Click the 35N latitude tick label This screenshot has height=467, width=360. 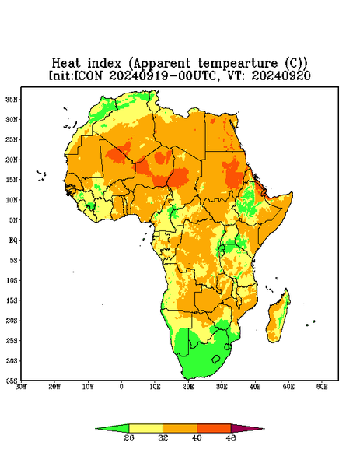[x=12, y=99]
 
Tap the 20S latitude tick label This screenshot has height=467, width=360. [x=12, y=321]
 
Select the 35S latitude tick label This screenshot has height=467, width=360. [x=12, y=381]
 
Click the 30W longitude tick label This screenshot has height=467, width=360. [x=21, y=387]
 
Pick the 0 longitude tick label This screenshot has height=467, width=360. [x=121, y=387]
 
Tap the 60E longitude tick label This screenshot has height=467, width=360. [x=322, y=387]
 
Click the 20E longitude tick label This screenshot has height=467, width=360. [x=188, y=387]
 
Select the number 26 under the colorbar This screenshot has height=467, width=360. [x=129, y=437]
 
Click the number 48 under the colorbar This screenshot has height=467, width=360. [x=231, y=437]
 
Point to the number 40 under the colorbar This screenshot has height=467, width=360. [x=197, y=437]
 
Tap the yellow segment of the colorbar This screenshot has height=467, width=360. [x=145, y=428]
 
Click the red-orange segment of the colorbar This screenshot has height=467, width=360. [x=214, y=428]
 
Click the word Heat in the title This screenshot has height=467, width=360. [x=66, y=64]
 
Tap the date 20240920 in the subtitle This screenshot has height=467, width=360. [x=281, y=75]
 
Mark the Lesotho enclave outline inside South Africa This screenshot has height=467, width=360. [x=216, y=359]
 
